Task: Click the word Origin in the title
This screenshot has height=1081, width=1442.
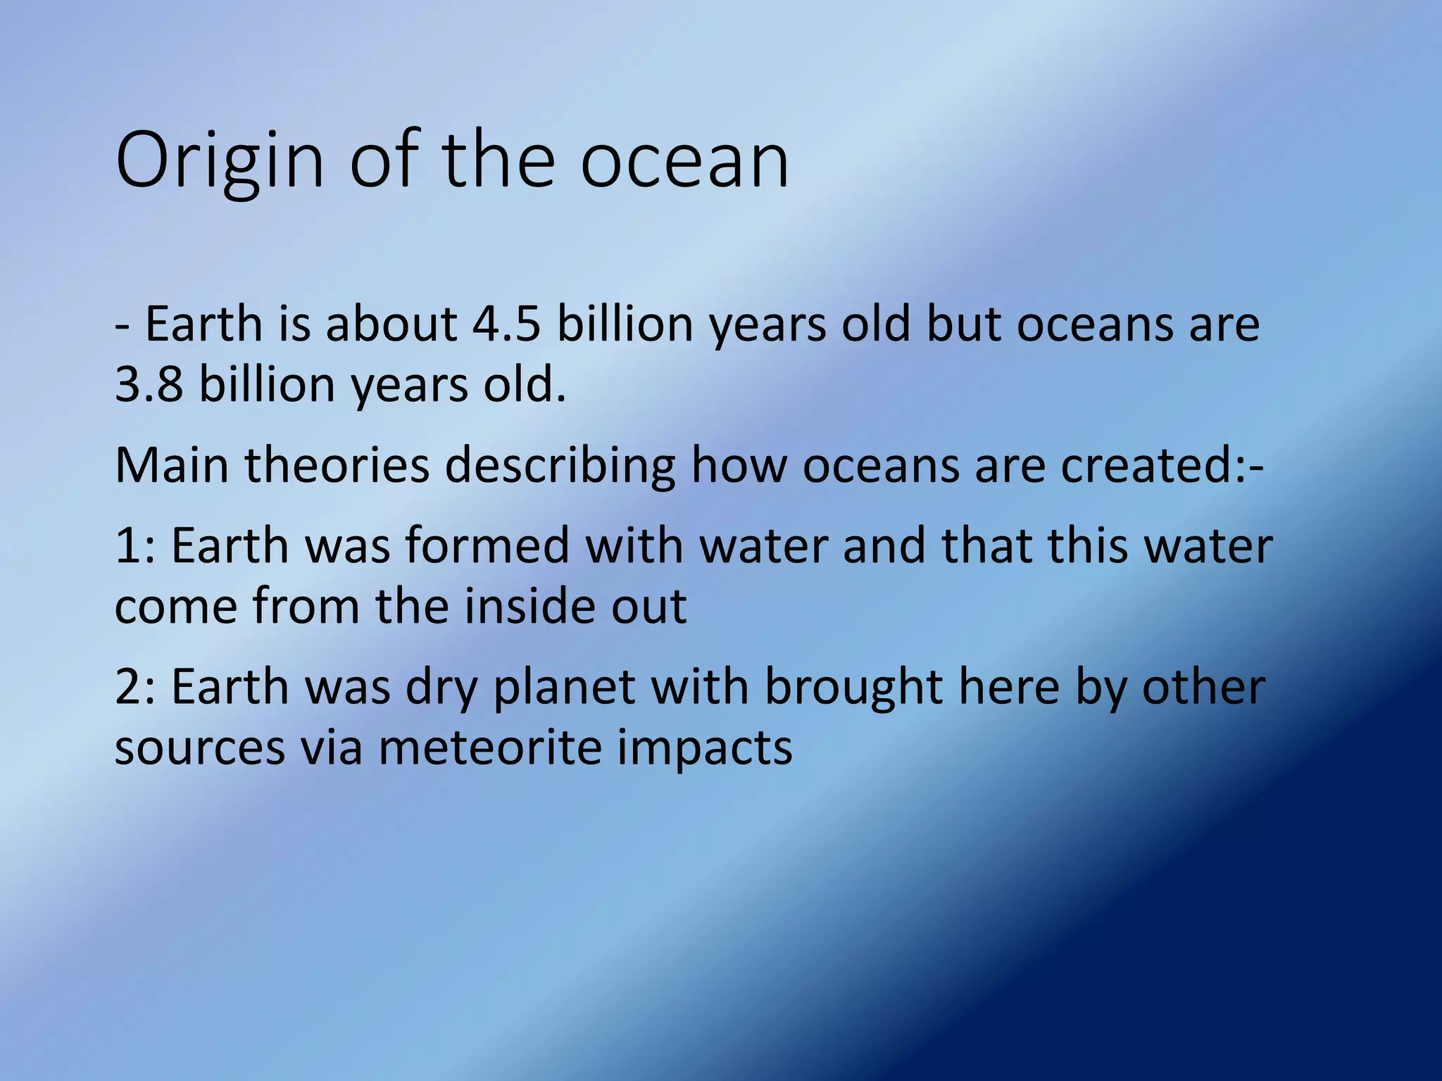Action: [219, 162]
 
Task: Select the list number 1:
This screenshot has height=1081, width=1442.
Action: [134, 546]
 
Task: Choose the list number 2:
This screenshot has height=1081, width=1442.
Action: [134, 687]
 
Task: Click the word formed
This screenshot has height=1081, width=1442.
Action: [487, 546]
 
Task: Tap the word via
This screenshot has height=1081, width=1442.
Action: [332, 747]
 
